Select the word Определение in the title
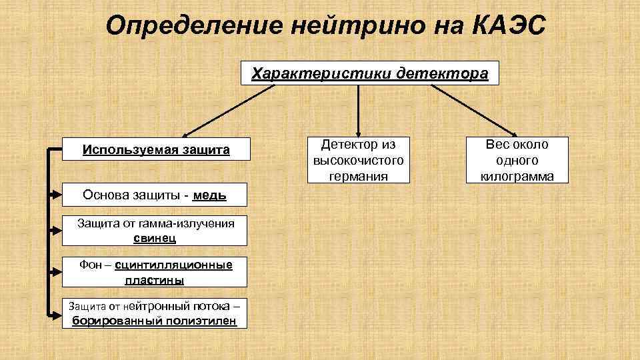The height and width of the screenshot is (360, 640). (x=194, y=27)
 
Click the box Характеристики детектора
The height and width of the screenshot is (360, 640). (x=369, y=73)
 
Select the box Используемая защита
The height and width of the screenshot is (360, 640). (x=156, y=150)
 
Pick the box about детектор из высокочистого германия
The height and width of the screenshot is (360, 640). (x=358, y=161)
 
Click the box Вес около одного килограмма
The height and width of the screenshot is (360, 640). (x=517, y=161)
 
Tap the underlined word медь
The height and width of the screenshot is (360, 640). (x=209, y=195)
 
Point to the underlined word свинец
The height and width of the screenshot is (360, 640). (x=155, y=238)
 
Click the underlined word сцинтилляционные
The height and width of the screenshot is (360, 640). (x=173, y=265)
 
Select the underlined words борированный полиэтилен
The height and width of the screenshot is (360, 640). (x=154, y=321)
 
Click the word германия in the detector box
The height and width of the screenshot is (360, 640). (x=358, y=177)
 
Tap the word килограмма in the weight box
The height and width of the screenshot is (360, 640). (x=517, y=177)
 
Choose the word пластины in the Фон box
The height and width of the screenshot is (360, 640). (x=154, y=281)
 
